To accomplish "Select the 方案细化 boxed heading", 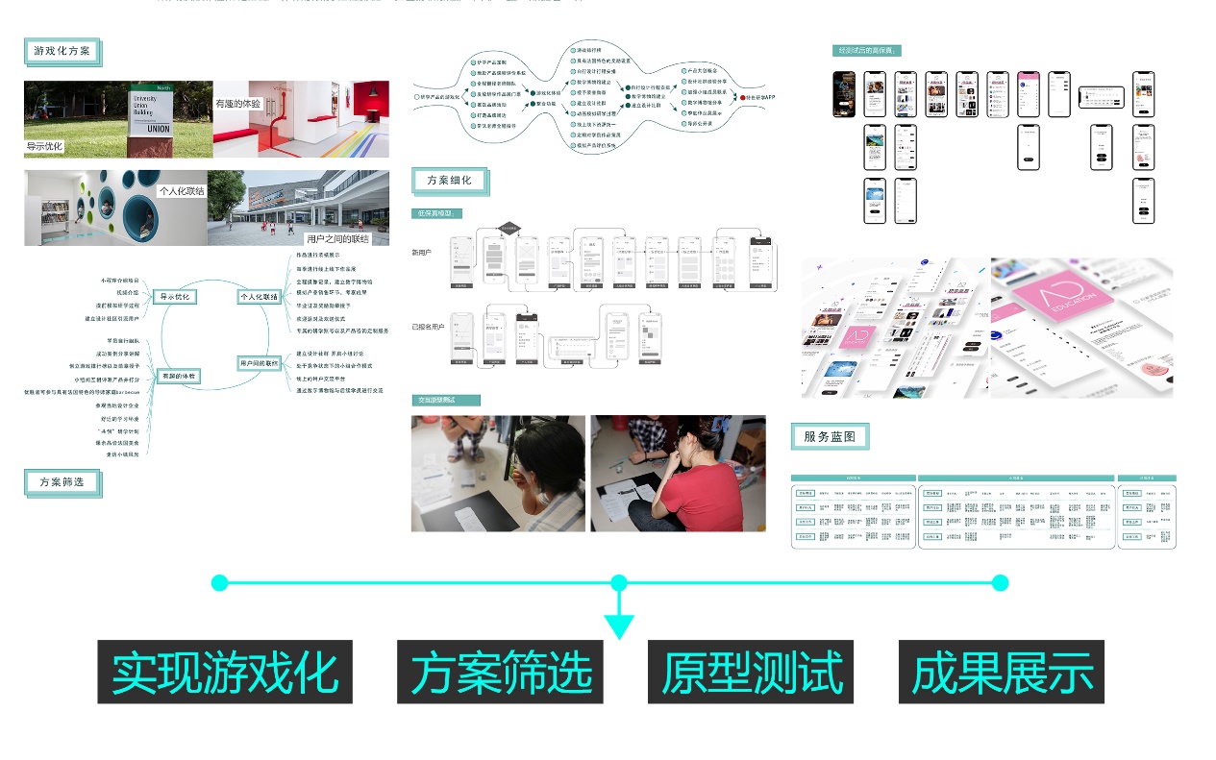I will pyautogui.click(x=450, y=180).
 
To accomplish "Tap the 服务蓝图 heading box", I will pyautogui.click(x=830, y=436).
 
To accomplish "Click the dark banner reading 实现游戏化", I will pyautogui.click(x=225, y=672).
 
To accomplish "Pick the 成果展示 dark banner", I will pyautogui.click(x=1002, y=672).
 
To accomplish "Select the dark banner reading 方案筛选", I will pyautogui.click(x=500, y=672).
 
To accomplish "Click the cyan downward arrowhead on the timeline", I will pyautogui.click(x=619, y=625).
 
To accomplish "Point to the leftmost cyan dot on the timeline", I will pyautogui.click(x=219, y=582).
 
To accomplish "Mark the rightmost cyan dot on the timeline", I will pyautogui.click(x=1000, y=582).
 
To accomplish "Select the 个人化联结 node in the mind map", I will pyautogui.click(x=259, y=297).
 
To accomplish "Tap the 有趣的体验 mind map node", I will pyautogui.click(x=179, y=377).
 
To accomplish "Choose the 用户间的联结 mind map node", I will pyautogui.click(x=259, y=363).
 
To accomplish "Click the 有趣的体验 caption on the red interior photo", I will pyautogui.click(x=238, y=103).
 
